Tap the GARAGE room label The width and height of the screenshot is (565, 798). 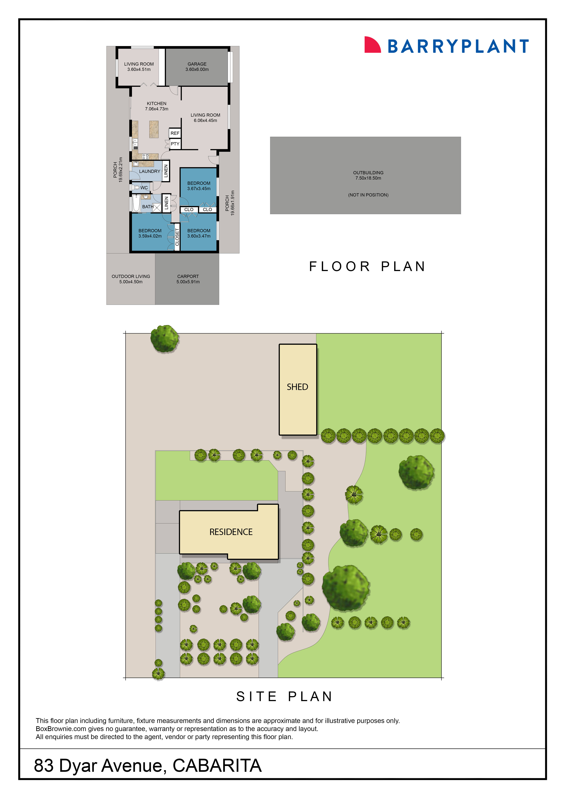tap(197, 66)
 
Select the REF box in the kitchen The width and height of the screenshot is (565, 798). tap(175, 133)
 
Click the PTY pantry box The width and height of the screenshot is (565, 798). tap(175, 144)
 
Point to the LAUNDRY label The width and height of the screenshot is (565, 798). tap(150, 171)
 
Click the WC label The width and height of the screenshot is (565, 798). tap(144, 188)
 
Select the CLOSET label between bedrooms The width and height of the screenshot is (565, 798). tap(177, 237)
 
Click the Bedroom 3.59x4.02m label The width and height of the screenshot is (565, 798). tap(150, 233)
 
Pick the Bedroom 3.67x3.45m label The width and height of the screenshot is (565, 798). tap(199, 186)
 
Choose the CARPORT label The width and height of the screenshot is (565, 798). tap(188, 279)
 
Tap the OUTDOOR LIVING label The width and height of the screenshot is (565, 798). tap(131, 279)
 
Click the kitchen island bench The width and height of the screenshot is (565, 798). tap(154, 129)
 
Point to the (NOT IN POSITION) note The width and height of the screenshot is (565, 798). tap(368, 195)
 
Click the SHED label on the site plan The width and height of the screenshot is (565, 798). tap(297, 387)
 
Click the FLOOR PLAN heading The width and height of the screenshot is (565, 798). tap(367, 267)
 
